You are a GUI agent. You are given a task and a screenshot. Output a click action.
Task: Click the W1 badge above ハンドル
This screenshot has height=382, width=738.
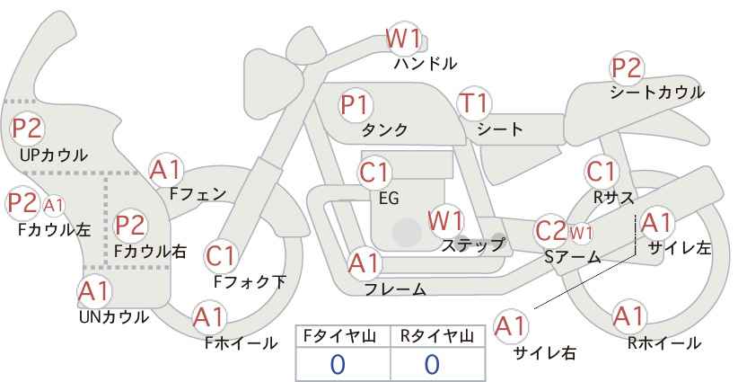(404, 38)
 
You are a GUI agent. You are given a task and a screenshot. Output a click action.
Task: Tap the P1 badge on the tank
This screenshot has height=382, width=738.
(356, 104)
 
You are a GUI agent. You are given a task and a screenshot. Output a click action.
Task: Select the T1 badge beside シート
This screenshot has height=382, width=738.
(472, 104)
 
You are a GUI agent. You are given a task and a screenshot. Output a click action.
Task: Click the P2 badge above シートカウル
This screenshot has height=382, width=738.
(627, 67)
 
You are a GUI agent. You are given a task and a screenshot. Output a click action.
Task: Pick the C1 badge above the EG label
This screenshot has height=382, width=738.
(374, 171)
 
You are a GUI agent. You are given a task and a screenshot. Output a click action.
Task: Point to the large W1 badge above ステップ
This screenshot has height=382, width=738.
(445, 219)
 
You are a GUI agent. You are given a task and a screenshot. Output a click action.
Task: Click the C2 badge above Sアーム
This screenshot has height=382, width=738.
(549, 230)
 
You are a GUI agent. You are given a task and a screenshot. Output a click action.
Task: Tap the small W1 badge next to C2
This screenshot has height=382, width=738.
(581, 234)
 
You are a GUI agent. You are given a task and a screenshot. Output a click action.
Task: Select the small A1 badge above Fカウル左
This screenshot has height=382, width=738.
(54, 205)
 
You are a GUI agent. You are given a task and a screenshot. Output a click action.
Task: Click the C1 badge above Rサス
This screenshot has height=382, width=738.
(601, 171)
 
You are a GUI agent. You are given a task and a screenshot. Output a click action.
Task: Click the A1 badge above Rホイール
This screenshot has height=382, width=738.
(628, 316)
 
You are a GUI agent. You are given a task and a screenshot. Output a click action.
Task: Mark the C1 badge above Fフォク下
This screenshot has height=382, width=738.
(220, 256)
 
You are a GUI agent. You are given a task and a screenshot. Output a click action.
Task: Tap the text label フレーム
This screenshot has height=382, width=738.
(395, 289)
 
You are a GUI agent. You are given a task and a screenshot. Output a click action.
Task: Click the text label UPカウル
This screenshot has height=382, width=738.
(53, 155)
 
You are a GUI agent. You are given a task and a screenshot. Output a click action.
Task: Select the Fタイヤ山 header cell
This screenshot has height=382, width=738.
(343, 336)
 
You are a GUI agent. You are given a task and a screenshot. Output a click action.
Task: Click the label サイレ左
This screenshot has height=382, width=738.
(679, 249)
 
